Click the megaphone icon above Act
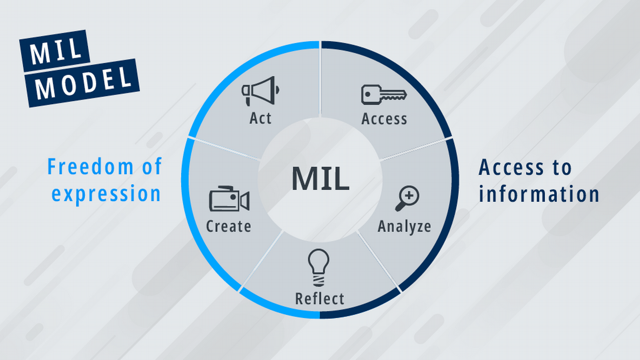(x=260, y=91)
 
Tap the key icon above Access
(x=383, y=95)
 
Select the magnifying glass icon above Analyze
(x=407, y=198)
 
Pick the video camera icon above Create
(x=229, y=199)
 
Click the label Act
(x=260, y=118)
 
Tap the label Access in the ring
(x=384, y=119)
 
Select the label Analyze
(x=404, y=227)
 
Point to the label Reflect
(x=320, y=299)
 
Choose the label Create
(x=229, y=226)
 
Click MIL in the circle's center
(x=320, y=179)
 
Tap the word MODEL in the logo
(x=83, y=83)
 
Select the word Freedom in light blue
(x=90, y=167)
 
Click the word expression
(x=106, y=193)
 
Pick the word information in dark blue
(x=539, y=194)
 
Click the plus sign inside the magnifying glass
(x=409, y=196)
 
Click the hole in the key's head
(x=368, y=94)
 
